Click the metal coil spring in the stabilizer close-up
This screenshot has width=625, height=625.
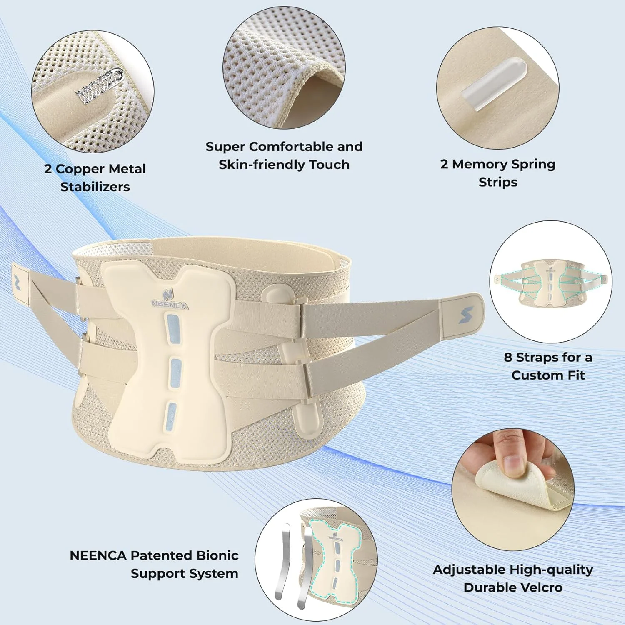[100, 86]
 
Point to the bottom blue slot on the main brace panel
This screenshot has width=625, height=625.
[171, 416]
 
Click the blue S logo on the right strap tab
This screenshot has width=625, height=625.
[466, 315]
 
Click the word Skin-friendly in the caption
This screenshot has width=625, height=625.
[262, 165]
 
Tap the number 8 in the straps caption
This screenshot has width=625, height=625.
[508, 357]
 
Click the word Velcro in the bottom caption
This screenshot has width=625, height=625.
[540, 587]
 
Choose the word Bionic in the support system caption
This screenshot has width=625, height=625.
[217, 555]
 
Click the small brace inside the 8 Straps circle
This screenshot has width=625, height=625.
[551, 282]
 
